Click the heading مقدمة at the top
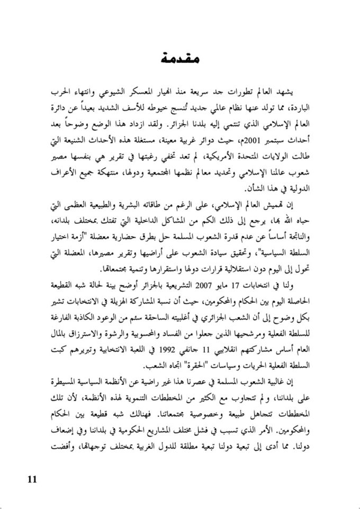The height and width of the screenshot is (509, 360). tap(180, 58)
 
